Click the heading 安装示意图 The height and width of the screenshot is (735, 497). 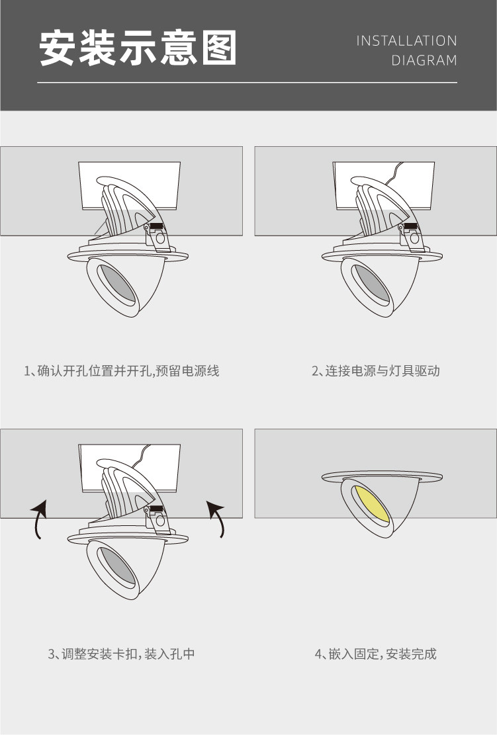click(138, 48)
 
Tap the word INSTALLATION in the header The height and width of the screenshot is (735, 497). click(406, 41)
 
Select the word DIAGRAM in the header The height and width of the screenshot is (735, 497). click(424, 61)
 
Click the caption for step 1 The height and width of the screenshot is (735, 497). click(122, 371)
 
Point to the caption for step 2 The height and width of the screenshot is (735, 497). click(376, 371)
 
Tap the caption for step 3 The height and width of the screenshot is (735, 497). click(122, 654)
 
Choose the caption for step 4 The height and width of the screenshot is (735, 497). click(376, 654)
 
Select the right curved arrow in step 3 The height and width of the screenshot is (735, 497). click(216, 518)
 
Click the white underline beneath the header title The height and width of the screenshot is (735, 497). click(247, 83)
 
